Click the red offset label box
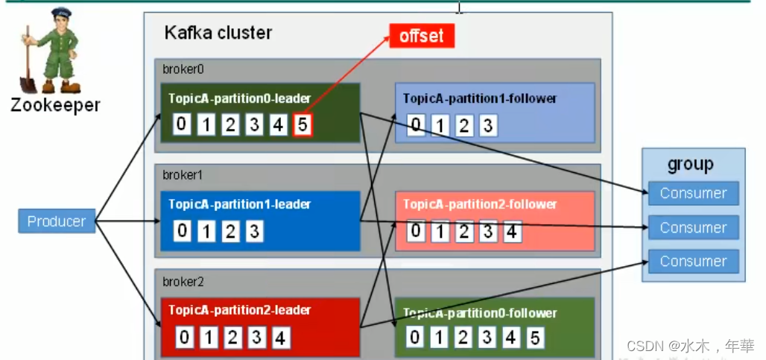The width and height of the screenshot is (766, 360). click(421, 36)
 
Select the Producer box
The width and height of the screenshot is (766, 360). click(57, 221)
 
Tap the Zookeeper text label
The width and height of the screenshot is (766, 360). click(55, 105)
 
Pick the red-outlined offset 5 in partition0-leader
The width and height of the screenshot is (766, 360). click(302, 124)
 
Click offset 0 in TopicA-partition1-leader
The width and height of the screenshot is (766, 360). click(182, 231)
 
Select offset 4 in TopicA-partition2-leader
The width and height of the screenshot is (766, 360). click(280, 338)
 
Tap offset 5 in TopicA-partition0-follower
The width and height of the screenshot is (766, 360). click(534, 338)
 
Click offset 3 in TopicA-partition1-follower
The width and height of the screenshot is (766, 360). click(487, 125)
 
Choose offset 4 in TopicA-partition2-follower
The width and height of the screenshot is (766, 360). click(511, 232)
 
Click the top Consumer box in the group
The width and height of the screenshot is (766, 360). click(693, 193)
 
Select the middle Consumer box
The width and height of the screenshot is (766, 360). click(693, 227)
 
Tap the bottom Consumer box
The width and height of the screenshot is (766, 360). click(693, 261)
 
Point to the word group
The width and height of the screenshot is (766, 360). click(690, 164)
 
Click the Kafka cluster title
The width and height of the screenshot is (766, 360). click(218, 34)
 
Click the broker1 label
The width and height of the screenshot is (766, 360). click(183, 174)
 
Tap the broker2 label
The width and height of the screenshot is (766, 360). click(183, 282)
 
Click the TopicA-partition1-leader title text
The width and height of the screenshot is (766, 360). click(239, 203)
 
